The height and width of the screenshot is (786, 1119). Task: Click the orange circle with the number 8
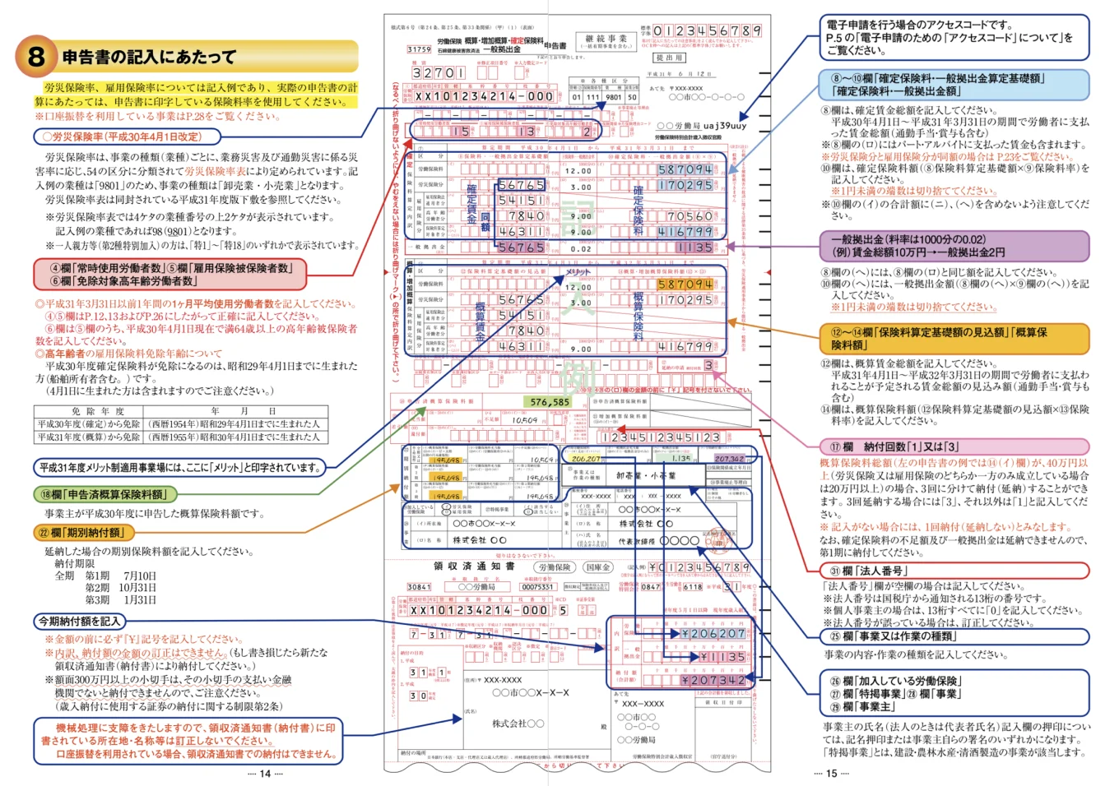(35, 56)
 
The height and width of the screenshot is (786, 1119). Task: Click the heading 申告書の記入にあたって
(149, 57)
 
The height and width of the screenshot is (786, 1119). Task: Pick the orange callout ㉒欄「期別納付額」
(78, 533)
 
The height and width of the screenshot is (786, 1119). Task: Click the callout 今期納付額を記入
(80, 621)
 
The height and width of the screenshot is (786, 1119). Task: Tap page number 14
(265, 774)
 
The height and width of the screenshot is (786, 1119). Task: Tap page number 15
(831, 774)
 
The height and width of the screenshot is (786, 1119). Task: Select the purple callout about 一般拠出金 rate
(954, 246)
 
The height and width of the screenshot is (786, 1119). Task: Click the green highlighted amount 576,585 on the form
(550, 402)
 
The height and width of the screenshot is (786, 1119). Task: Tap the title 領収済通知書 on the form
(474, 566)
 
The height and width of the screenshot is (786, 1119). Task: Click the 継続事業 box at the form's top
(606, 40)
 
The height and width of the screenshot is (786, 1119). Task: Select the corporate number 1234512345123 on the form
(661, 437)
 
